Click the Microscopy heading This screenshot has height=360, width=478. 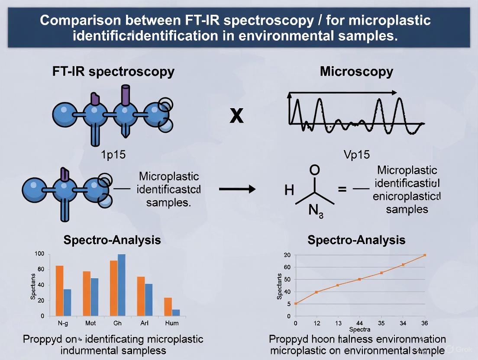[x=356, y=72]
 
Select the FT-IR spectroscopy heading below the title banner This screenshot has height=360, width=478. [x=113, y=72]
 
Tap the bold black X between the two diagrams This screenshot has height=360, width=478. [x=236, y=116]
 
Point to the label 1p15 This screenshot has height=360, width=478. [x=113, y=154]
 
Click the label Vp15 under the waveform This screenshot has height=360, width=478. [x=356, y=154]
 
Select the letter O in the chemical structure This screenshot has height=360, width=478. [x=315, y=170]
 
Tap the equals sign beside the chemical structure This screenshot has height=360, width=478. [x=342, y=189]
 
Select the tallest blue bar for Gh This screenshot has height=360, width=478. [x=121, y=285]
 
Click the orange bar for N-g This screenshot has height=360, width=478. [x=60, y=290]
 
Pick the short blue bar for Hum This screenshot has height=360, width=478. [x=176, y=312]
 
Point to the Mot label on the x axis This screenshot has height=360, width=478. [x=90, y=323]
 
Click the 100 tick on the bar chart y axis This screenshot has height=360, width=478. [x=39, y=254]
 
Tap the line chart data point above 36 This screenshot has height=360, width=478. [x=425, y=255]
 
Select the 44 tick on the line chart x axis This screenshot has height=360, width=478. [x=359, y=323]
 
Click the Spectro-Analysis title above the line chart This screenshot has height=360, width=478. [x=356, y=240]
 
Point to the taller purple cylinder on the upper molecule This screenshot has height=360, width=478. [x=126, y=96]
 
